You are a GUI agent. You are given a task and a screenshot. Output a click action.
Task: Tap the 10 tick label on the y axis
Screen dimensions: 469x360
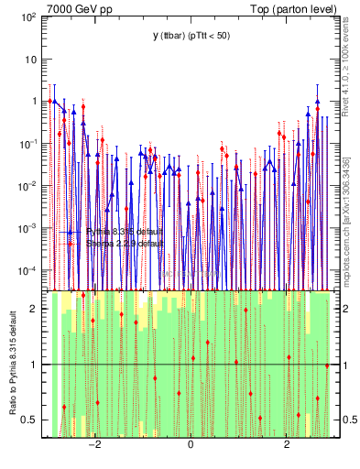click(x=31, y=60)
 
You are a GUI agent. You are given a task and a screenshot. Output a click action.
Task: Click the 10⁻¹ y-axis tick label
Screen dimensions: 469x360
click(x=27, y=144)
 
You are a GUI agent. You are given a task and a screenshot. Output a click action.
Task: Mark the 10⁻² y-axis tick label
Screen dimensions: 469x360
click(x=27, y=186)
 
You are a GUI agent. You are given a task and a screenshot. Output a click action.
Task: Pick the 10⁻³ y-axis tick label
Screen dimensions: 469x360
click(x=27, y=228)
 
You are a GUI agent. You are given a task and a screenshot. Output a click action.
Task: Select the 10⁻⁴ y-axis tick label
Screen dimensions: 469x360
click(x=27, y=270)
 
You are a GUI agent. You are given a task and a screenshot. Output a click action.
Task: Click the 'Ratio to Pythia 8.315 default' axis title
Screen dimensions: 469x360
click(x=12, y=363)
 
